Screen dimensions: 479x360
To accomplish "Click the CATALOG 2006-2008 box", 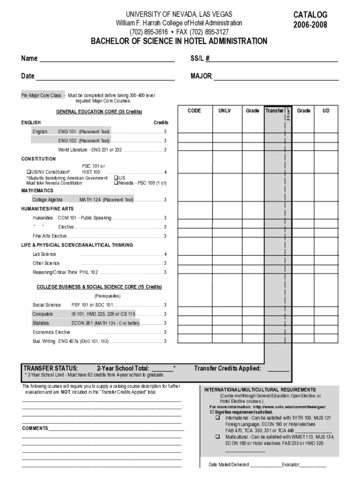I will click(310, 20).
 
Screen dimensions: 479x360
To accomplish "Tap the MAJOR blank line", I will click(276, 77).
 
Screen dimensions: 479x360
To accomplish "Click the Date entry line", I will click(105, 77).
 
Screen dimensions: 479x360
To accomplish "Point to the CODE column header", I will click(194, 111).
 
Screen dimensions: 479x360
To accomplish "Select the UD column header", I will click(325, 111).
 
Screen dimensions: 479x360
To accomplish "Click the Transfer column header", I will click(274, 111).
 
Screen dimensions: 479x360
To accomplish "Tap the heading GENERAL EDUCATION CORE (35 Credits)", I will click(99, 112).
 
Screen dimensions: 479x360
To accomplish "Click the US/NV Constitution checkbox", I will click(28, 172).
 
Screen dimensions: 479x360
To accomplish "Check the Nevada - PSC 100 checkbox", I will click(116, 183).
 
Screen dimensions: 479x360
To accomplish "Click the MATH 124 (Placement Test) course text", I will click(107, 200).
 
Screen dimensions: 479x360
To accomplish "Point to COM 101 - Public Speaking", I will click(85, 218).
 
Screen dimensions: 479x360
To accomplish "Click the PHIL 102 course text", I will click(89, 272).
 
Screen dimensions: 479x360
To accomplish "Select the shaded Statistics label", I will click(41, 323).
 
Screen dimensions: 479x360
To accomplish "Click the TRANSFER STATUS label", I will click(51, 368).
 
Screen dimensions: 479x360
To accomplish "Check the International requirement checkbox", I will click(217, 418).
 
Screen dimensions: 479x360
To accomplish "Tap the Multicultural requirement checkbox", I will click(217, 436).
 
